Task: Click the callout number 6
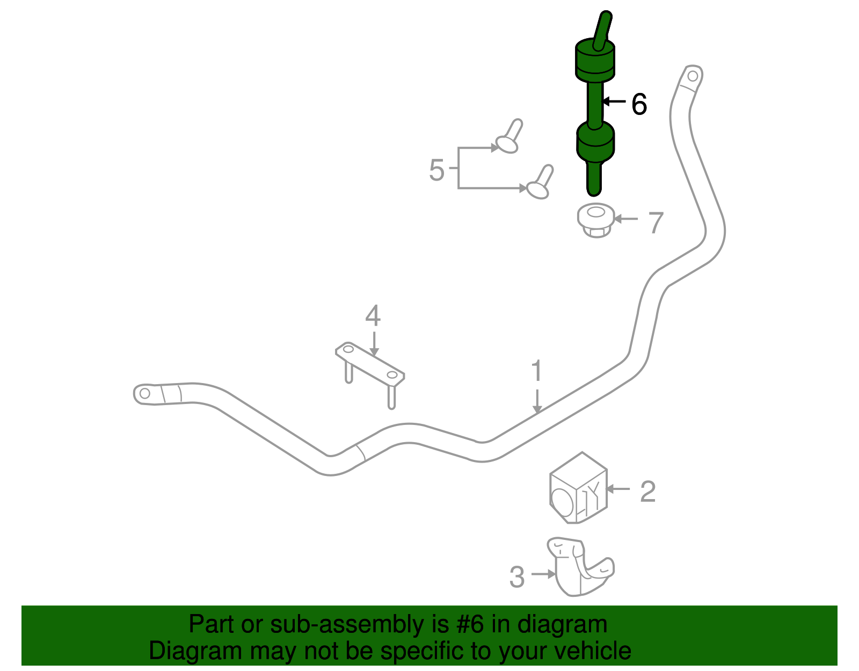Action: (639, 104)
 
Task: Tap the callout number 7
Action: (656, 222)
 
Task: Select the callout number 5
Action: (436, 170)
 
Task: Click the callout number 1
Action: (536, 371)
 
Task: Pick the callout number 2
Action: (647, 491)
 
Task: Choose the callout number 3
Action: (516, 577)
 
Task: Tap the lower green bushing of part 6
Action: (595, 141)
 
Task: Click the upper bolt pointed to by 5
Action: (509, 137)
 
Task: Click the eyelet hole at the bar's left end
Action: (144, 394)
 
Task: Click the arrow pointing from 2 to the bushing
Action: (618, 489)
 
